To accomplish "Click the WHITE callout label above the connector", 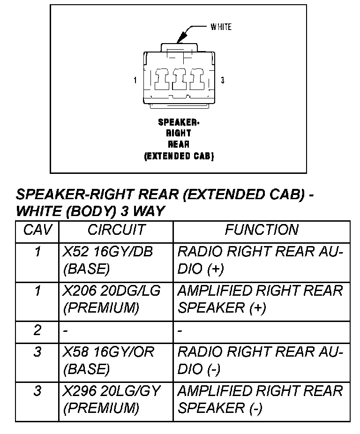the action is [221, 27].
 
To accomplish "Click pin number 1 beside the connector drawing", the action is [135, 81].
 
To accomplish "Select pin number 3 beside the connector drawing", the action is [222, 81].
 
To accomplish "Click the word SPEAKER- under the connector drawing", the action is [179, 122].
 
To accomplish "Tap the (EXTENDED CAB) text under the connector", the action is [179, 157].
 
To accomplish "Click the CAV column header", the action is [37, 230].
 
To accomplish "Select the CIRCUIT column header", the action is [116, 230].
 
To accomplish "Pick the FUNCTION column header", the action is [262, 230].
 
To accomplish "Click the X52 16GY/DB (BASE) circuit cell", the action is [108, 261].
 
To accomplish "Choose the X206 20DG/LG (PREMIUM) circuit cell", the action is [112, 299].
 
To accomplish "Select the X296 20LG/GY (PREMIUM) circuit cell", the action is [112, 399].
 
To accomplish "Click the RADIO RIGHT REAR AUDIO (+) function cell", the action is [260, 261].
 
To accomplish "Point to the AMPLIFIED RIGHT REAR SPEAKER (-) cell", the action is [260, 399].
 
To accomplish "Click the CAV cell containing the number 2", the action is [37, 331].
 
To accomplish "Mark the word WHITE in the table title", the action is [39, 211].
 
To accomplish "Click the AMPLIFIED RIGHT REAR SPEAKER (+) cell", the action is [260, 299].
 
